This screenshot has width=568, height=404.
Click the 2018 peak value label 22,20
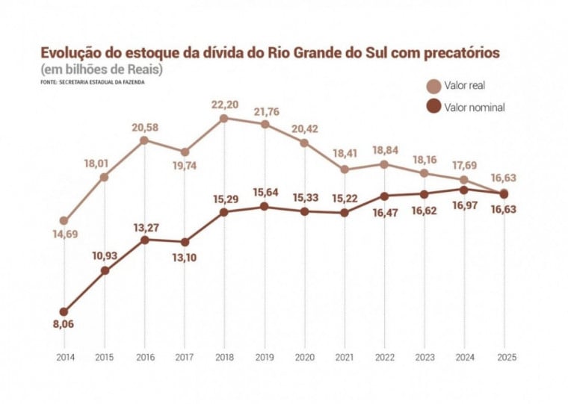(225, 105)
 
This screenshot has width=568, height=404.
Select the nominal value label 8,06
(64, 324)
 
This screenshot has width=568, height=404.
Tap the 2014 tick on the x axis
(65, 356)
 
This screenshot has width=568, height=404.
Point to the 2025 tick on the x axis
(504, 356)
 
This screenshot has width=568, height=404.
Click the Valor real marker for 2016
(144, 140)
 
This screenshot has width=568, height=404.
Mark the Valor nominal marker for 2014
(65, 311)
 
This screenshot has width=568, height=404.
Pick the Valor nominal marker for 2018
(224, 212)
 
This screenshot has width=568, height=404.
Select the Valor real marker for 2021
(345, 170)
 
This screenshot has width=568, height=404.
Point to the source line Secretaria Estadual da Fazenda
(93, 82)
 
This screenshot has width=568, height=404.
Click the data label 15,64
(265, 193)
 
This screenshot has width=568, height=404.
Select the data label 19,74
(185, 168)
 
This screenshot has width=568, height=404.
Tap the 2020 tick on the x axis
(304, 356)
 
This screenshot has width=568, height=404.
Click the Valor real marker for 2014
(65, 221)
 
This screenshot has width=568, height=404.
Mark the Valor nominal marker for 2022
(384, 196)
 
